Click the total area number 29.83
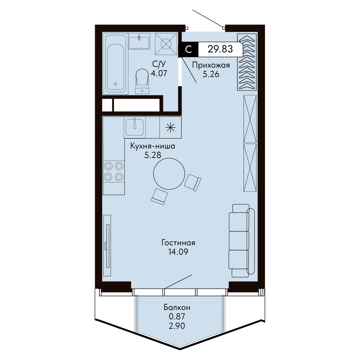pos(220,49)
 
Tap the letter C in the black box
pos(188,49)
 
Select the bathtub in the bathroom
pos(115,64)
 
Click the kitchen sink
pos(134,127)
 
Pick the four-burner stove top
pos(114,171)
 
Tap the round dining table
pos(169,174)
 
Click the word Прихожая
pos(211,65)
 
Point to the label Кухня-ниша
pos(153,146)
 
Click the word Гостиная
pos(178,243)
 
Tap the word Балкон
pos(177,307)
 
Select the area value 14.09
pos(178,252)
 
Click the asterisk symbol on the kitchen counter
pos(171,127)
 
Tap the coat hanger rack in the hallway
pos(247,62)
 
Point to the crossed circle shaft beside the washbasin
pos(166,44)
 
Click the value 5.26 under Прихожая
pos(211,74)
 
